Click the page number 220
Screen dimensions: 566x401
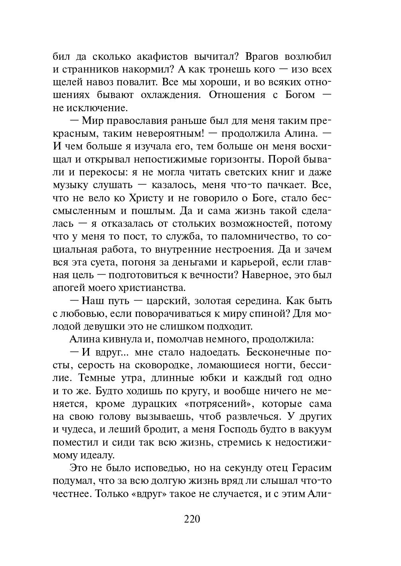[x=192, y=519]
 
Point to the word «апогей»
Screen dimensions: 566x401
[x=67, y=288]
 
